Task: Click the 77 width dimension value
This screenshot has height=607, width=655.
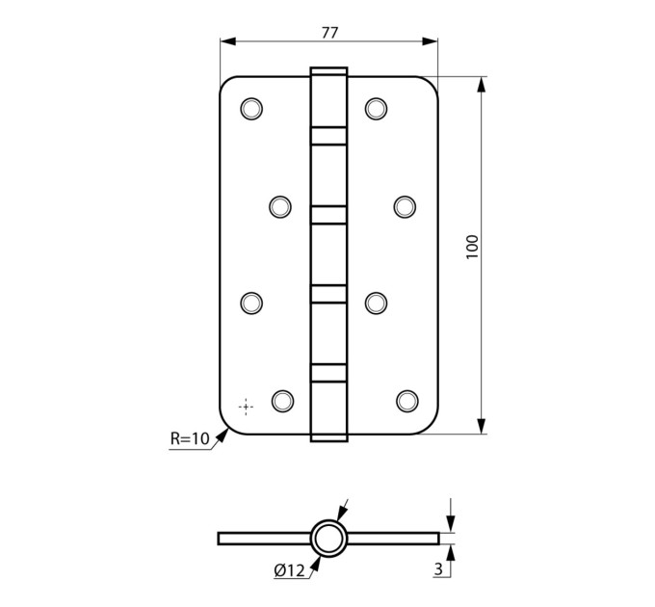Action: click(329, 33)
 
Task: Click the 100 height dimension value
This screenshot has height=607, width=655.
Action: click(472, 247)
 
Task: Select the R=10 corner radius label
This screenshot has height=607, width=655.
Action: click(190, 438)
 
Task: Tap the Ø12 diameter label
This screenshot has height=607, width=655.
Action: click(290, 570)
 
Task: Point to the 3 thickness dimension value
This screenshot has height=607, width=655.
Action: click(438, 569)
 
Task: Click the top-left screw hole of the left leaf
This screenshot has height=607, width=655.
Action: click(251, 109)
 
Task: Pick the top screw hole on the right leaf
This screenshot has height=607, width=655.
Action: click(376, 109)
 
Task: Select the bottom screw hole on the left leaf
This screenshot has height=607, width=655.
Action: click(282, 401)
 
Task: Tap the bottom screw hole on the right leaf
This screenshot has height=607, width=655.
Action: click(407, 401)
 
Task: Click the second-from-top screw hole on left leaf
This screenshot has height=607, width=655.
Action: click(280, 207)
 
